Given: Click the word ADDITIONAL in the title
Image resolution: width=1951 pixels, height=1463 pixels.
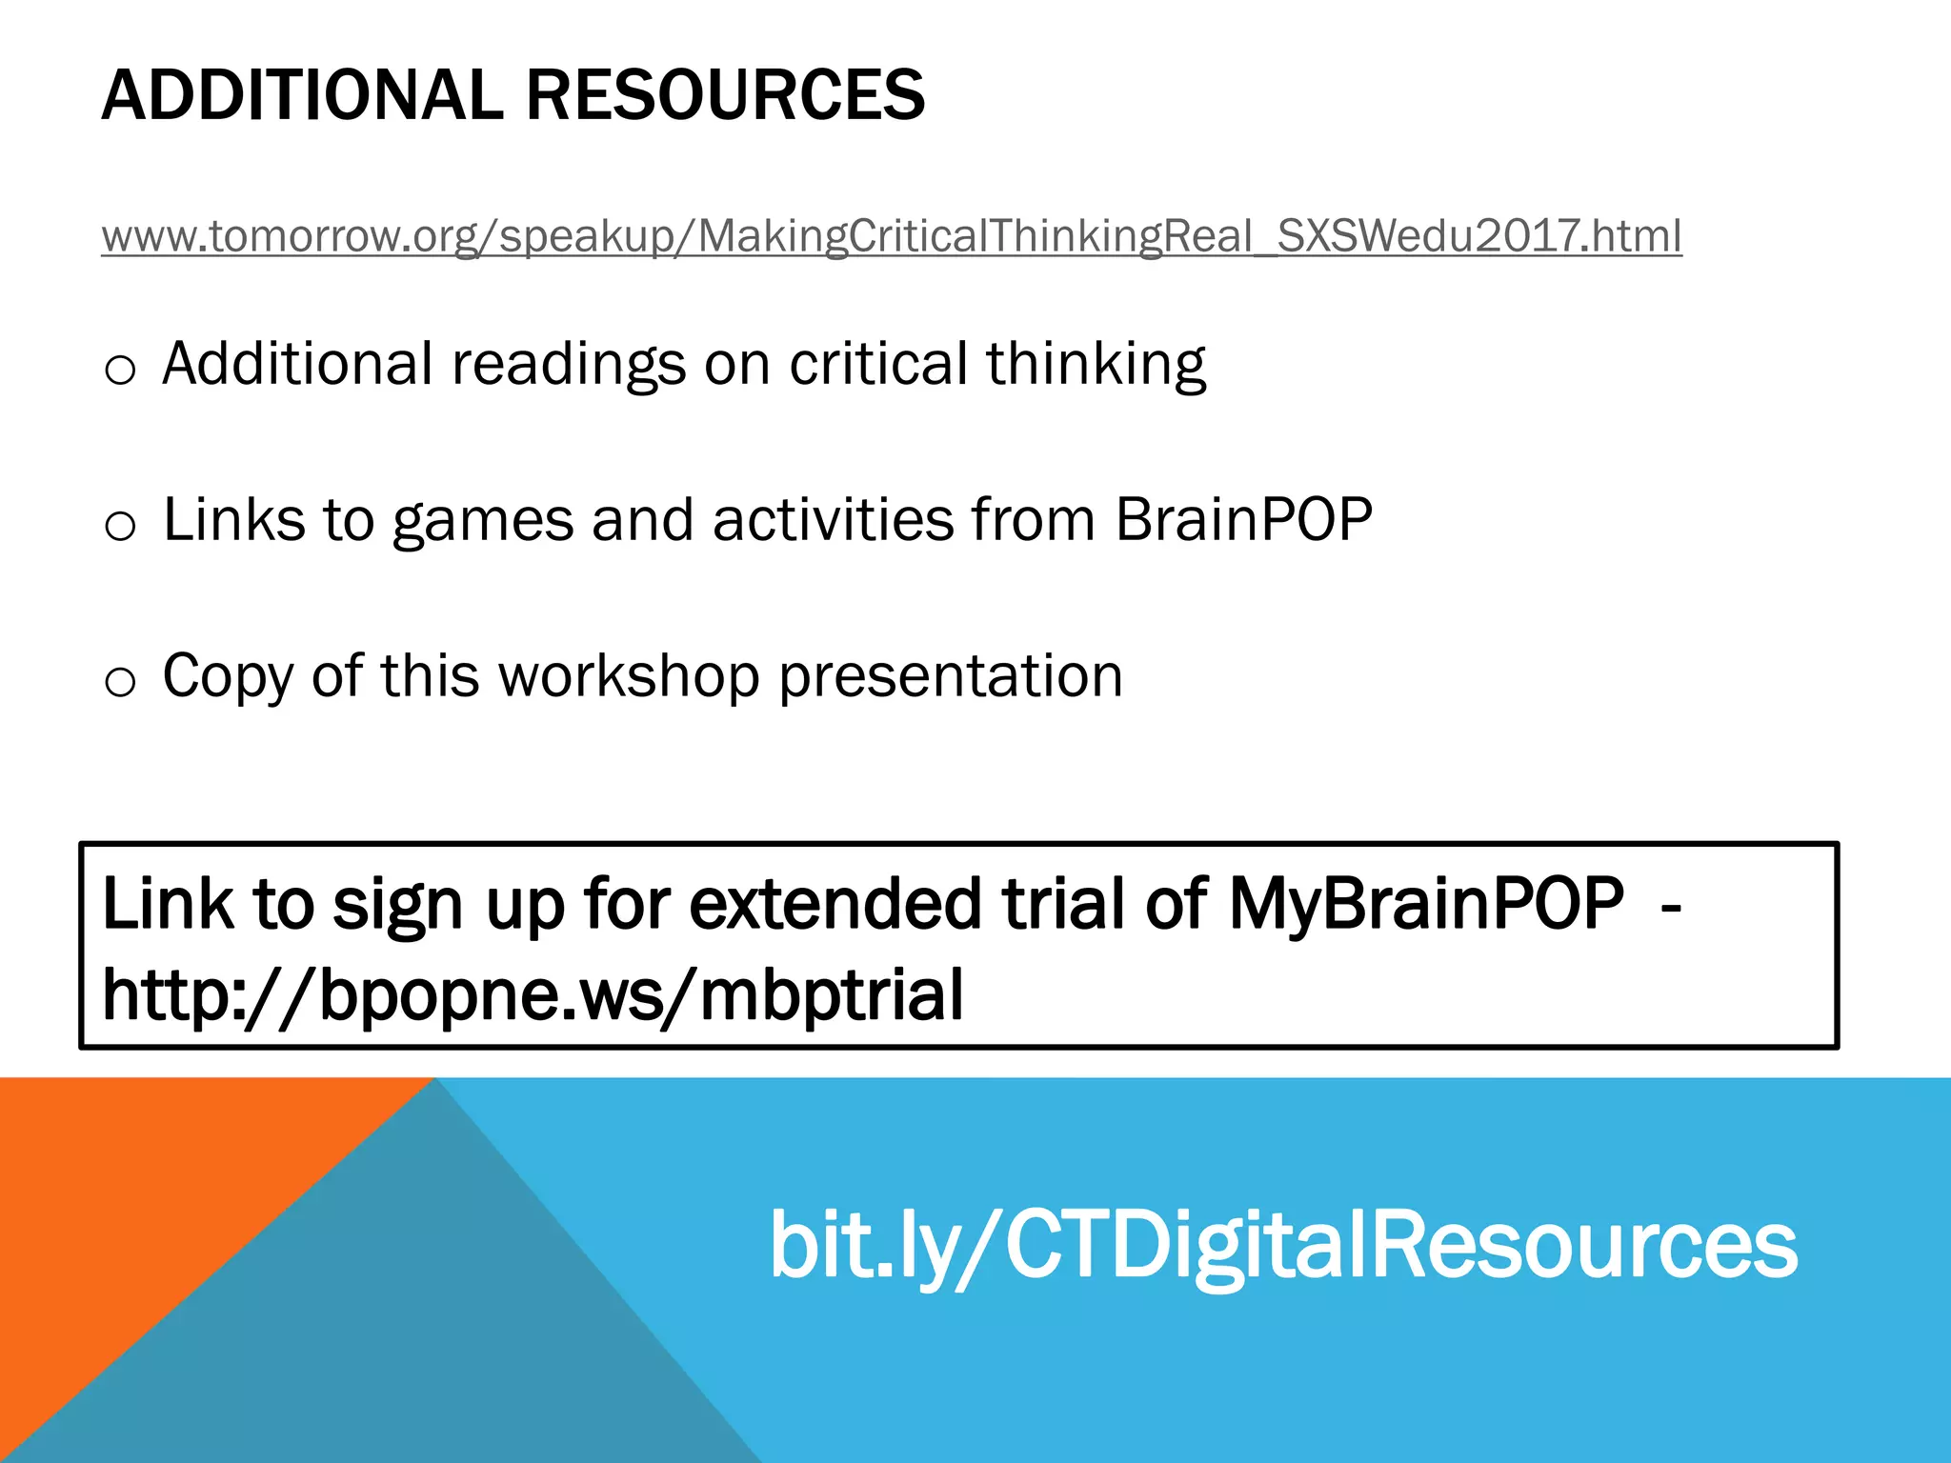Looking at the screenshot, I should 302,95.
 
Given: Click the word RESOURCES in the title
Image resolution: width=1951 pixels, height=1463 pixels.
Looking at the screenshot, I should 725,95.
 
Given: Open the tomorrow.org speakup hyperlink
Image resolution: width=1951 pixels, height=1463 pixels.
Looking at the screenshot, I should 891,236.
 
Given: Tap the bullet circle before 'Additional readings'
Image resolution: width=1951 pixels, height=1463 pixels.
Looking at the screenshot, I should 120,369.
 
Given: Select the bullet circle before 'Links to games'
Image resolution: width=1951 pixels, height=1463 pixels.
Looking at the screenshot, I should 120,525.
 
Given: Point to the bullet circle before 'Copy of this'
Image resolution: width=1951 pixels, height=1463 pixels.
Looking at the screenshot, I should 120,681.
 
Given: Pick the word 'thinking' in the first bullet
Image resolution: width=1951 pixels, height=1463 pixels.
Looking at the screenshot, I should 1096,366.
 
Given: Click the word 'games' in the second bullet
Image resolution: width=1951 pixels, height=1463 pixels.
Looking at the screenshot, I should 483,522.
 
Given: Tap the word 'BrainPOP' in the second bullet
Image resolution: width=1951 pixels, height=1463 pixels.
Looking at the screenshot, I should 1243,520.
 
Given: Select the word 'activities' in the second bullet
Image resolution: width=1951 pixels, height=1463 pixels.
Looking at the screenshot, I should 833,520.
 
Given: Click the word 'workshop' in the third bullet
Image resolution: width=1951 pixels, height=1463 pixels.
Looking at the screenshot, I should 629,676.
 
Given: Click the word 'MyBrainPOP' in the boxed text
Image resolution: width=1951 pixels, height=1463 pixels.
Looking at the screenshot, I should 1426,903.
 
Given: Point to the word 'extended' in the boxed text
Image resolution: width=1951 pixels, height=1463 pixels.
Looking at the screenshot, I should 835,903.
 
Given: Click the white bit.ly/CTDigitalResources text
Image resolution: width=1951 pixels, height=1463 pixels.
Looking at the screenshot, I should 1282,1245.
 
